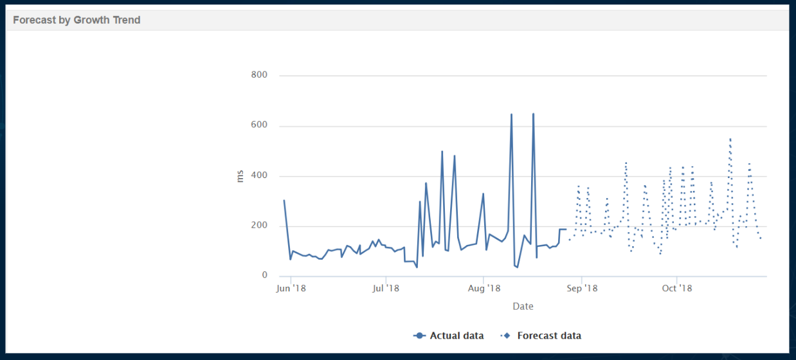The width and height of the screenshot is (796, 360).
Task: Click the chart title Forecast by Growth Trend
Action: click(77, 20)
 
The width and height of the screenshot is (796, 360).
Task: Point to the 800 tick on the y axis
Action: click(259, 75)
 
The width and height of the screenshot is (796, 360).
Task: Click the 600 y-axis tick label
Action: click(259, 125)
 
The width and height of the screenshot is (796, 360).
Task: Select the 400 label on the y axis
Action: click(259, 175)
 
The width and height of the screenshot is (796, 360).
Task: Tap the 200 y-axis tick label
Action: click(259, 226)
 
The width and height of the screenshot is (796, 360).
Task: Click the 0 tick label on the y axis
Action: click(264, 276)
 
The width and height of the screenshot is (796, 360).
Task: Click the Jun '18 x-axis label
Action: click(291, 288)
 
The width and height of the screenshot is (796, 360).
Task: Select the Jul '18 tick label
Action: click(386, 288)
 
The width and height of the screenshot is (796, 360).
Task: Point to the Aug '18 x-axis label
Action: click(484, 288)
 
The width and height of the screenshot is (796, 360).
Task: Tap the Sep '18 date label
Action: click(581, 288)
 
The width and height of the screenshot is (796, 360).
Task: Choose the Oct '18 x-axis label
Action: click(677, 288)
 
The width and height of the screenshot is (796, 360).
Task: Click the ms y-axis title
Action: click(240, 175)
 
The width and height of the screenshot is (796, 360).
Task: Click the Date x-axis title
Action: click(523, 307)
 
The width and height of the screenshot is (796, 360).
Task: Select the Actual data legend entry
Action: click(449, 336)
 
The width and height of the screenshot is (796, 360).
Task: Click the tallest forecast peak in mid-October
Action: click(730, 138)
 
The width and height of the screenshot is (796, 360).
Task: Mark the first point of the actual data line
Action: click(284, 200)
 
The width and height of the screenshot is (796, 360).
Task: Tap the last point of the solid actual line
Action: click(566, 230)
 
